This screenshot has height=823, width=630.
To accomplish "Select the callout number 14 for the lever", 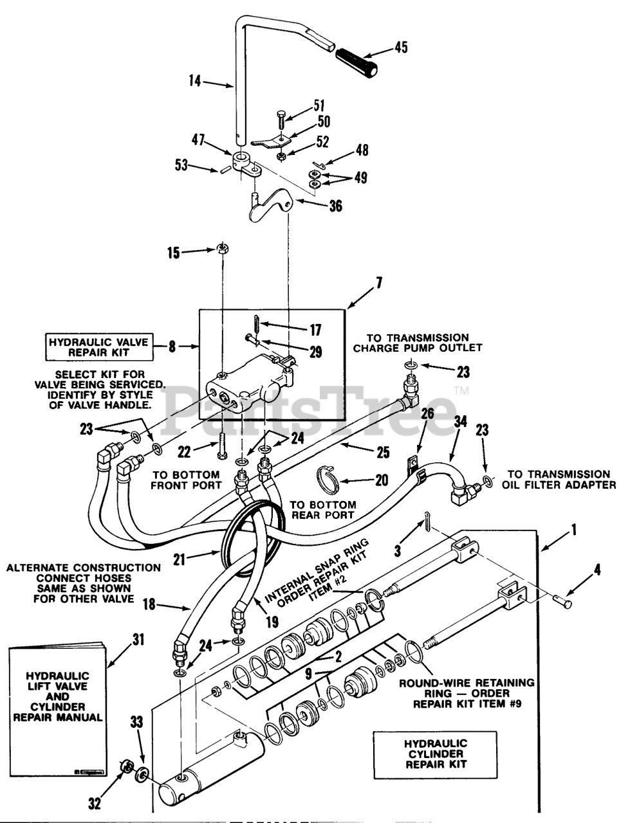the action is (x=195, y=80).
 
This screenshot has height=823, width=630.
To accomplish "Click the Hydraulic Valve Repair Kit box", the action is (x=100, y=347).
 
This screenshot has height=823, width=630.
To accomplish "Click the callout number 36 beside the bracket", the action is (x=335, y=206).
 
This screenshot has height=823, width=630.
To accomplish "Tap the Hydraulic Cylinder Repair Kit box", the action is (x=435, y=754).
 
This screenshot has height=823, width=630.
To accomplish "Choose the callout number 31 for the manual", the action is (x=138, y=639).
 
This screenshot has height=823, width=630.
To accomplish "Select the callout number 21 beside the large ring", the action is (x=179, y=559).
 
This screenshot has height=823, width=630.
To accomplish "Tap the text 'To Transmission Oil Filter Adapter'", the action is (x=559, y=480).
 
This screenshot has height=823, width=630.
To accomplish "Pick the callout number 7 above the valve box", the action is (x=379, y=283).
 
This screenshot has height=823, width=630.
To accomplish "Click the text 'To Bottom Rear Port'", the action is (x=323, y=510).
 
